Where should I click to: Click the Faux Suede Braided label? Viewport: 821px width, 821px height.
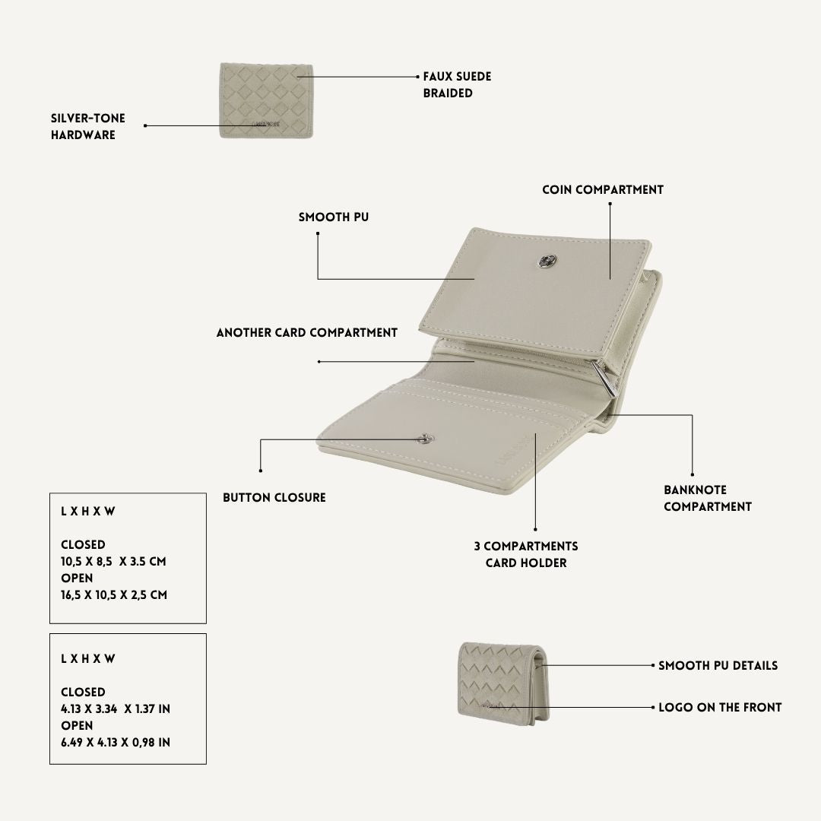[x=457, y=84]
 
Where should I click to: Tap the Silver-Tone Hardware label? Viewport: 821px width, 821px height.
[x=88, y=126]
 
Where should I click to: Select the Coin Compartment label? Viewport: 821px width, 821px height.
[x=603, y=189]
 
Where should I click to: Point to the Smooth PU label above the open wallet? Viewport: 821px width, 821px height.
[x=334, y=217]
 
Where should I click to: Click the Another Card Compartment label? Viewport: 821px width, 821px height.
[x=307, y=332]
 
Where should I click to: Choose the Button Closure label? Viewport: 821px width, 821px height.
[x=274, y=497]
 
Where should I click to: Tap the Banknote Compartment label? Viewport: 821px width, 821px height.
[x=708, y=498]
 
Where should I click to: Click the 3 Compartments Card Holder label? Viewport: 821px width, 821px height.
[x=526, y=554]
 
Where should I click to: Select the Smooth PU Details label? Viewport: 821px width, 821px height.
[x=718, y=665]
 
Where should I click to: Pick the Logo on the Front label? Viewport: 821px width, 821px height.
[x=720, y=708]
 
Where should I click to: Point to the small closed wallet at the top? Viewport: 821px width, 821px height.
[x=267, y=100]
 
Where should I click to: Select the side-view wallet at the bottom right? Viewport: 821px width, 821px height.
[x=503, y=684]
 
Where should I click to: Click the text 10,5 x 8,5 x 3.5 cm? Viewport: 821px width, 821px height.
[x=113, y=561]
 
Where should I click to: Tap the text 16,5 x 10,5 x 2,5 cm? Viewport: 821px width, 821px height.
[x=114, y=594]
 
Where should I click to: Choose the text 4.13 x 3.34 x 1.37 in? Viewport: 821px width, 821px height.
[x=116, y=709]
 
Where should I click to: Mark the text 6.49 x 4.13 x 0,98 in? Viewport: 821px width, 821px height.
[x=116, y=743]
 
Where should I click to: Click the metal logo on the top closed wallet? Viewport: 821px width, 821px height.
[x=266, y=124]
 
